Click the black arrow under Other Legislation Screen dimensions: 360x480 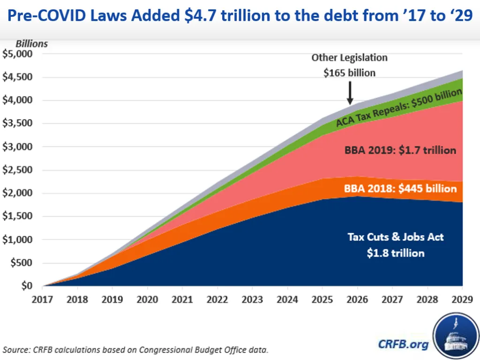[350, 93]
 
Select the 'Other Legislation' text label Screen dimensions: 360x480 [350, 58]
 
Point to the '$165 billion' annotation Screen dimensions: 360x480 [350, 73]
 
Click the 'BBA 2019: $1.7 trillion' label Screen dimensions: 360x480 [400, 150]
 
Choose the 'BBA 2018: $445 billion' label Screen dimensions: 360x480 [400, 188]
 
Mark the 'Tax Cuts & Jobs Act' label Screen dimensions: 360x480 [396, 237]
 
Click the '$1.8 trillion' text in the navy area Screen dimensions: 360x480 [396, 253]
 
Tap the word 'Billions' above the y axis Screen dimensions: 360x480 [32, 44]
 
